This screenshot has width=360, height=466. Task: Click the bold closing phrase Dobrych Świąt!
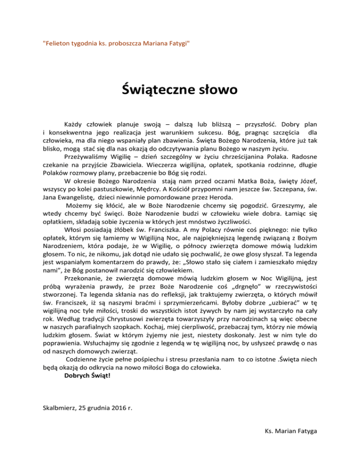pos(88,376)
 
